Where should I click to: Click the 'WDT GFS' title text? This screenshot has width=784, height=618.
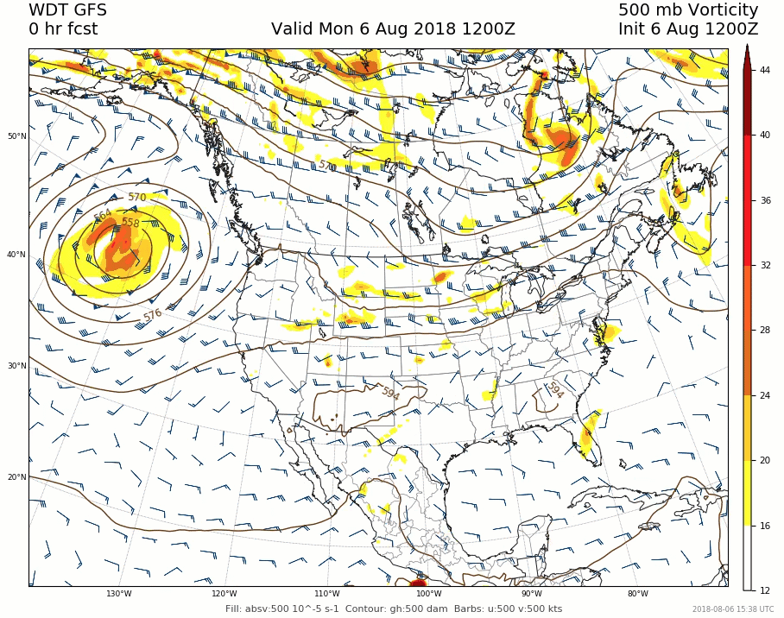coord(68,10)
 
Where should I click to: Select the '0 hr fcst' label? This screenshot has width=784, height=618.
coord(63,29)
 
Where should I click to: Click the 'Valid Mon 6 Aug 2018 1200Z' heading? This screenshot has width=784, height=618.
coord(393,29)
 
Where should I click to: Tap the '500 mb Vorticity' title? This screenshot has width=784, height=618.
coord(688,10)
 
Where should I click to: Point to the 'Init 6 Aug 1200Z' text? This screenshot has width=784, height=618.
coord(688,29)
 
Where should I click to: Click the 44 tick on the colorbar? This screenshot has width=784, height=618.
coord(765,70)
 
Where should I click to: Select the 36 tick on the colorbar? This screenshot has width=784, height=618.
coord(765,200)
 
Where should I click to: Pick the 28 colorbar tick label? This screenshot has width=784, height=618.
coord(765,331)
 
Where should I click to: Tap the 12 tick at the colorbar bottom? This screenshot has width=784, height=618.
coord(765,590)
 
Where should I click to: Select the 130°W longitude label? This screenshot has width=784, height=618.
coord(119,594)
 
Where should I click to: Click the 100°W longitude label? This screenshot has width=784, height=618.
coord(429,594)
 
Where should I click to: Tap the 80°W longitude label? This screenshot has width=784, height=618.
coord(638,594)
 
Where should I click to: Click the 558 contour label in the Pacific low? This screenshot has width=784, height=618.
coord(130,223)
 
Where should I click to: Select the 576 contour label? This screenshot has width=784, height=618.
coord(153,315)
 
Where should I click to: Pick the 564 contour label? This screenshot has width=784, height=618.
coord(102,215)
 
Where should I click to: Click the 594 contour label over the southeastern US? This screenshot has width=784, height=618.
coord(554,391)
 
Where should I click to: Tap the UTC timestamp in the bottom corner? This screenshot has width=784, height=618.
coord(732,609)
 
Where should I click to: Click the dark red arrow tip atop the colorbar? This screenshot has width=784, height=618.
coord(747,53)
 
